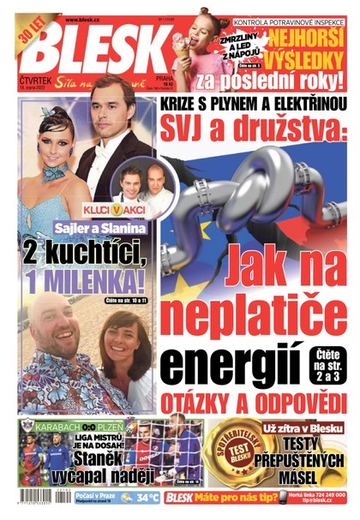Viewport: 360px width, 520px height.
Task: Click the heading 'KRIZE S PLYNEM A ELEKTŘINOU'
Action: tap(250, 105)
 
